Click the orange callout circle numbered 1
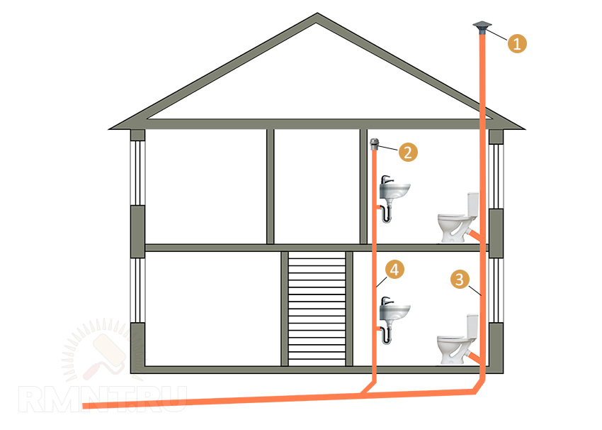pyautogui.click(x=517, y=43)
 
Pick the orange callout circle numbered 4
pyautogui.click(x=394, y=269)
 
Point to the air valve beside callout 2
pyautogui.click(x=375, y=145)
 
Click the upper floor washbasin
pyautogui.click(x=394, y=190)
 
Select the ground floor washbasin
pyautogui.click(x=394, y=311)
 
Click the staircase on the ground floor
pyautogui.click(x=317, y=309)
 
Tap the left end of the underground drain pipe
pyautogui.click(x=86, y=406)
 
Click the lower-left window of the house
pyautogui.click(x=137, y=291)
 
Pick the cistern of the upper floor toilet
pyautogui.click(x=472, y=203)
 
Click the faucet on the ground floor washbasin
pyautogui.click(x=385, y=300)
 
